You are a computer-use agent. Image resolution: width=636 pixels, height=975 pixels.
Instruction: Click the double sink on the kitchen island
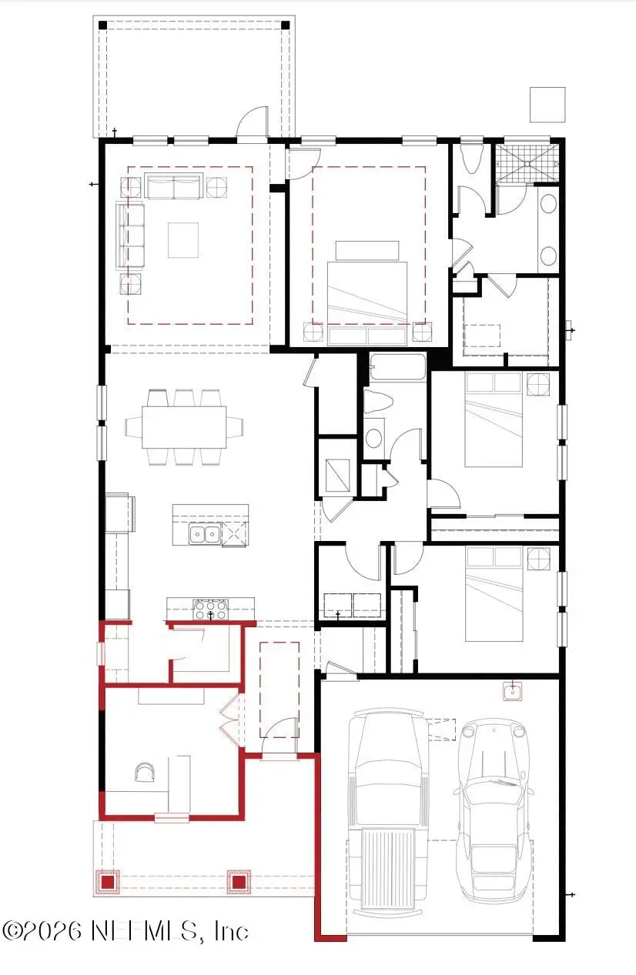(x=205, y=533)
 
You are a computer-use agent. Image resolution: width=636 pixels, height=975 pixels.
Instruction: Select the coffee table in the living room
(x=183, y=239)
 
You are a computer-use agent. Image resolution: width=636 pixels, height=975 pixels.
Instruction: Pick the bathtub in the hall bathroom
(x=397, y=367)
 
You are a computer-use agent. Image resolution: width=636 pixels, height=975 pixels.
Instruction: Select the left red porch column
(x=108, y=881)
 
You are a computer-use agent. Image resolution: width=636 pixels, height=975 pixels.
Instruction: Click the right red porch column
(x=239, y=881)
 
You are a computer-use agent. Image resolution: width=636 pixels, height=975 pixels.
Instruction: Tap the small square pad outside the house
(x=547, y=105)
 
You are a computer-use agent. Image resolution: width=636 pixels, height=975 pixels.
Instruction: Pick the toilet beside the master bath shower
(x=471, y=158)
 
